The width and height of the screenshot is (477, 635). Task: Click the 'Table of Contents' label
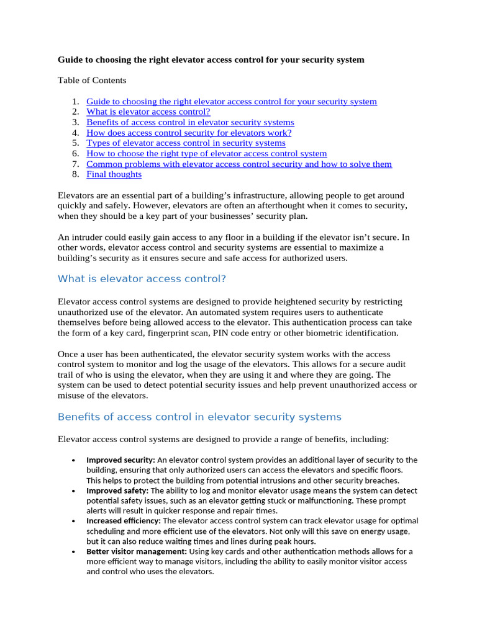(92, 81)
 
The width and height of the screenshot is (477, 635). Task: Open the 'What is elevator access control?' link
(148, 112)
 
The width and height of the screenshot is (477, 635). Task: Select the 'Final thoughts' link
(114, 174)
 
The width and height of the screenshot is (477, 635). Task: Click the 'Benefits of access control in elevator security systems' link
(190, 122)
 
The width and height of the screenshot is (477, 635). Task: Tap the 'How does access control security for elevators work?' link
(189, 133)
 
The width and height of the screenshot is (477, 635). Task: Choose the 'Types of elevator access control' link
(186, 143)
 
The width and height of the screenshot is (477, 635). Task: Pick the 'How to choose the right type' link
(206, 153)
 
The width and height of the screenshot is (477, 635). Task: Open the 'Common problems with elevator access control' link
(239, 164)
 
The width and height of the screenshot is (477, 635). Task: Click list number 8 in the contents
(75, 174)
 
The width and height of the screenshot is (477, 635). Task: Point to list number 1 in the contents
(75, 101)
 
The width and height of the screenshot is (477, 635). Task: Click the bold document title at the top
(211, 60)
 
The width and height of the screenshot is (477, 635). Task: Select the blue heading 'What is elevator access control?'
(142, 279)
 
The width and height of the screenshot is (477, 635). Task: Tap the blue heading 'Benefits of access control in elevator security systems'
(199, 417)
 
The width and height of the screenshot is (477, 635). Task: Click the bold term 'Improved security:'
(120, 460)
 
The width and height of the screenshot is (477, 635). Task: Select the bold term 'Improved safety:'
(117, 491)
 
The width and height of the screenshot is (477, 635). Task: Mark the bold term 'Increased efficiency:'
(123, 521)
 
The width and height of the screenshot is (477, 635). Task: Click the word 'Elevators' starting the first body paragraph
(77, 195)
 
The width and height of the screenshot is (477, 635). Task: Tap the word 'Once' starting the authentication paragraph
(68, 353)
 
